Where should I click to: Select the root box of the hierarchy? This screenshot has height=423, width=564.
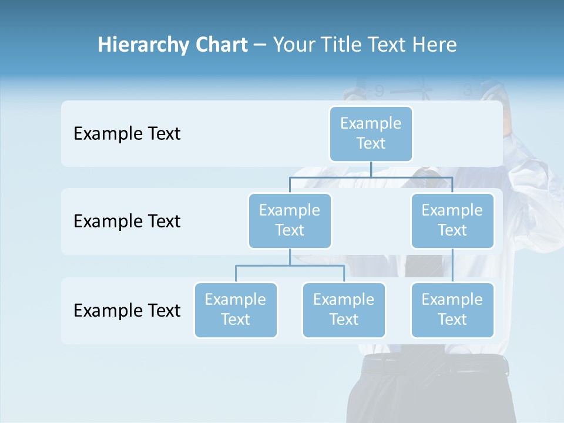[x=371, y=133]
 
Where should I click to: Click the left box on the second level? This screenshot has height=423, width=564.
[x=290, y=220]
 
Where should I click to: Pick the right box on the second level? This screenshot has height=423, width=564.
[x=452, y=220]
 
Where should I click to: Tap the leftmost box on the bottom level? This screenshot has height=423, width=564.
[x=236, y=310]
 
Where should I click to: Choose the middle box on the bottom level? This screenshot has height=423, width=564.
[x=344, y=310]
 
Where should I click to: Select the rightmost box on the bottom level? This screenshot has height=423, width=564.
[x=452, y=310]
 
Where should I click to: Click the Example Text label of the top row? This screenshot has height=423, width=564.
[x=127, y=133]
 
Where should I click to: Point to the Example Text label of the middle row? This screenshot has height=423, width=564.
[x=127, y=221]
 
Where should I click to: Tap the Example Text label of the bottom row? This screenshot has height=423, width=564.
[x=127, y=310]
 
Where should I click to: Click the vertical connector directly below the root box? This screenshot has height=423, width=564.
[x=371, y=169]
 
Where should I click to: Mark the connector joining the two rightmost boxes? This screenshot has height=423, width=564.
[x=452, y=266]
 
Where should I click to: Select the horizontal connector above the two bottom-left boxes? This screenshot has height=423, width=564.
[x=290, y=266]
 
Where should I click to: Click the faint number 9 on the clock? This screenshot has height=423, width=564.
[x=379, y=91]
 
